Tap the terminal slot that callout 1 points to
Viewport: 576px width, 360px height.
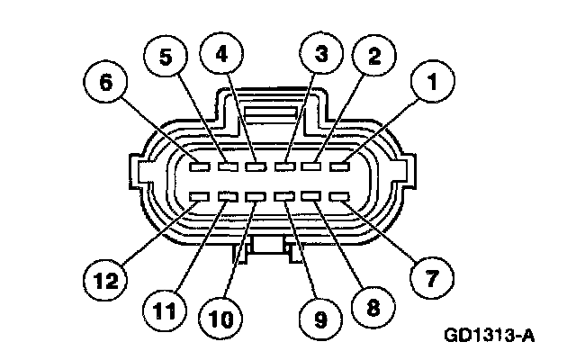click(x=339, y=166)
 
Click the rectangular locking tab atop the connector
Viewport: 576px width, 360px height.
click(x=270, y=114)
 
